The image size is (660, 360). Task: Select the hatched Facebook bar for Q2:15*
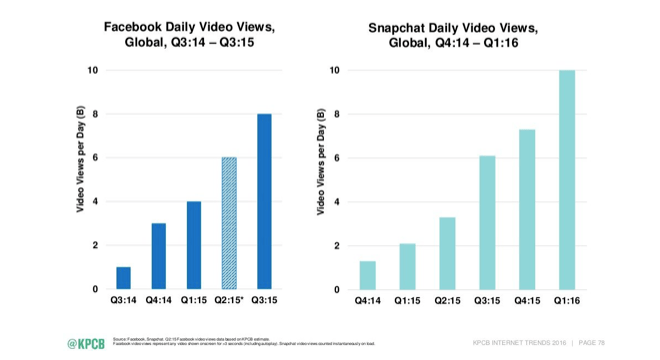click(x=230, y=223)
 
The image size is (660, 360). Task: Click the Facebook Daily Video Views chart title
click(x=191, y=35)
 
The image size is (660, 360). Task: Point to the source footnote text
click(x=240, y=342)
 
